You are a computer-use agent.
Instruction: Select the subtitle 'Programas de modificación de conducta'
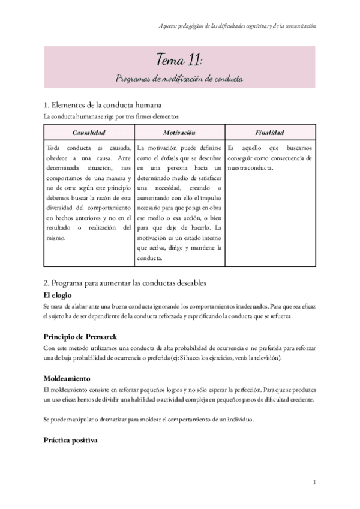click(x=179, y=79)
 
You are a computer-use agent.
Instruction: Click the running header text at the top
click(x=237, y=26)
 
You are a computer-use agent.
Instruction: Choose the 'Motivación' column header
click(x=179, y=132)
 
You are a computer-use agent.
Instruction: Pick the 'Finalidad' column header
click(x=269, y=132)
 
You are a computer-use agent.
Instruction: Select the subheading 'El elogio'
click(x=58, y=295)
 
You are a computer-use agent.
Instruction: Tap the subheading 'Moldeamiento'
click(x=67, y=379)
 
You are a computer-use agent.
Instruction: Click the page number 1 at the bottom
click(x=314, y=482)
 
